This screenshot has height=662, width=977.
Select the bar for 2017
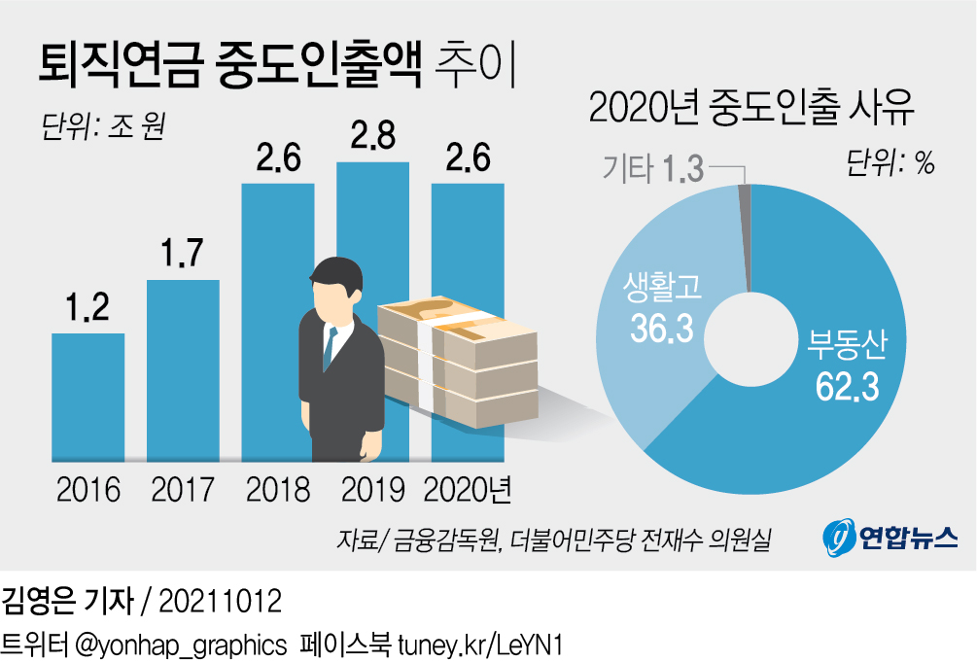coord(183,369)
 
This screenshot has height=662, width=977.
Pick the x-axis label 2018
coord(277,489)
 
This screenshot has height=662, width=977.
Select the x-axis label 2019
coord(372,489)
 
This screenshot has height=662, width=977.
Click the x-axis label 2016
coord(88,489)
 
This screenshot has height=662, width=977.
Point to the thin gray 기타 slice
coord(746,233)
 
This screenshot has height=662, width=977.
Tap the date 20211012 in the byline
coord(220,601)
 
